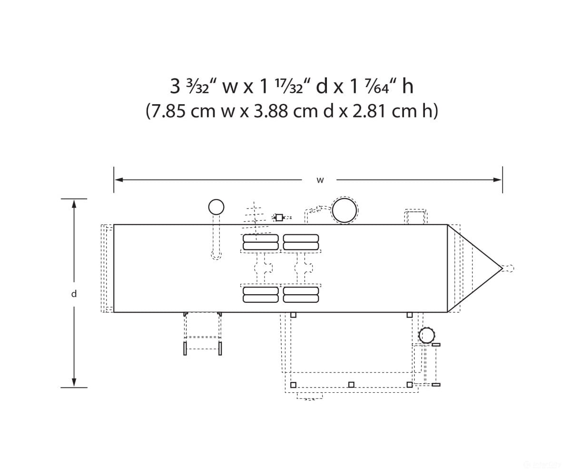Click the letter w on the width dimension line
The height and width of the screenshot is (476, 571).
coord(320,180)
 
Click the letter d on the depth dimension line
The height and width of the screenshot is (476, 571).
coord(74,294)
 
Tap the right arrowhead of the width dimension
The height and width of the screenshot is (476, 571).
coord(497,180)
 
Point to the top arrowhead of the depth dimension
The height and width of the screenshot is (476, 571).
coord(74,204)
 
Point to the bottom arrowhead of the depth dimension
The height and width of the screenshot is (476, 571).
coord(74,382)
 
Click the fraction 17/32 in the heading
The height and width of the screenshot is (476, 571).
coord(289,87)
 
